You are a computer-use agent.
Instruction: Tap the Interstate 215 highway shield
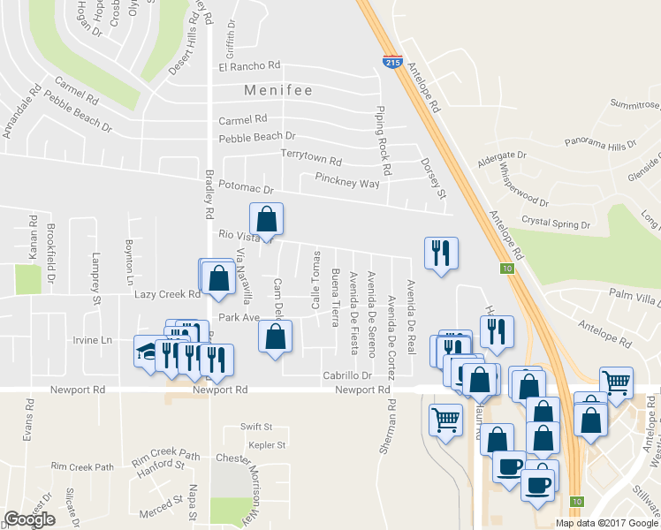coord(392,61)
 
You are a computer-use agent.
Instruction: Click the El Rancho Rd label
coord(249,65)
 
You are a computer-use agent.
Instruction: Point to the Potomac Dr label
coord(247,189)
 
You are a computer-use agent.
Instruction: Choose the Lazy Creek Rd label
coord(168,293)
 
